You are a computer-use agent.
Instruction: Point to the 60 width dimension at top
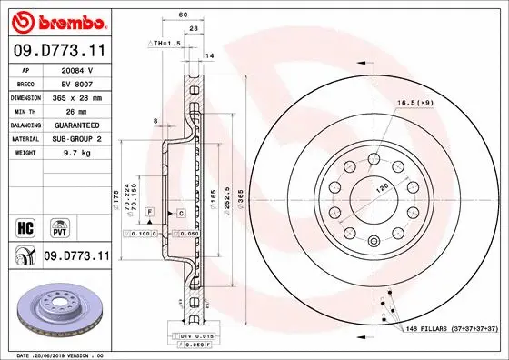182,15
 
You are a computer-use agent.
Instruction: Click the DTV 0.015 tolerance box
189,337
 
